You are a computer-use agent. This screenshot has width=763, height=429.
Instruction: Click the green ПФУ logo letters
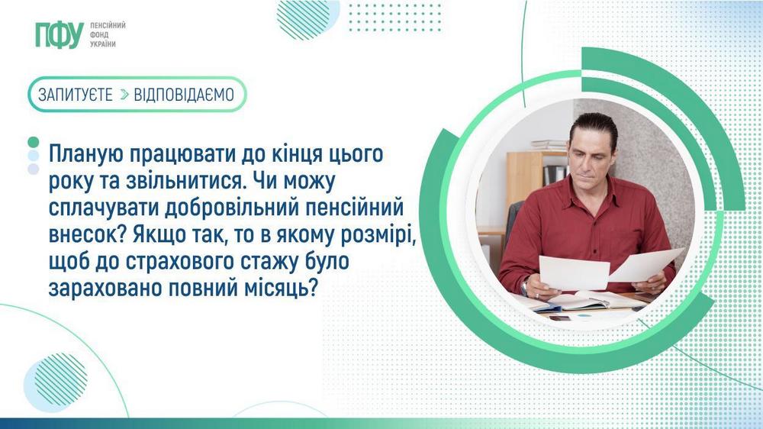(x=59, y=35)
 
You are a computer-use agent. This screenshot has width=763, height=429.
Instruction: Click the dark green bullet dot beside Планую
(x=33, y=143)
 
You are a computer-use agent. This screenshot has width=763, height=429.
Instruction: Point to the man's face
(x=593, y=156)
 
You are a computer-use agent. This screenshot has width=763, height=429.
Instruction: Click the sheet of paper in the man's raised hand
(x=645, y=264)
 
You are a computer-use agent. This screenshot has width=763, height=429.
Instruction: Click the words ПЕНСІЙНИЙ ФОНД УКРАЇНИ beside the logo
(x=108, y=35)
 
